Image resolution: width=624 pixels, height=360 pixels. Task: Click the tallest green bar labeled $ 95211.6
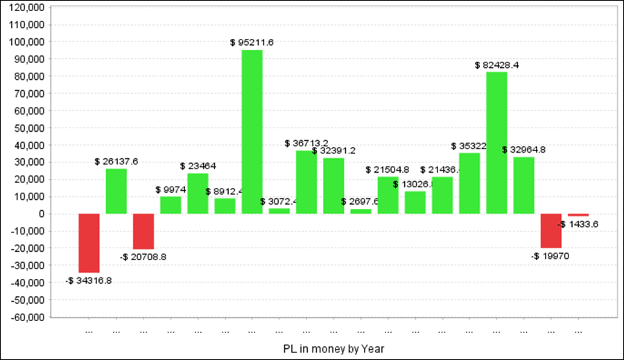(x=252, y=132)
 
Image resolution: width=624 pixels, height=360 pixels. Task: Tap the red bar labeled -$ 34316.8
(x=89, y=243)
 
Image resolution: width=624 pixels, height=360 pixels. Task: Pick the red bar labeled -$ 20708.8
(x=144, y=231)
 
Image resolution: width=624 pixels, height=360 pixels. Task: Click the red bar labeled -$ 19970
(x=551, y=230)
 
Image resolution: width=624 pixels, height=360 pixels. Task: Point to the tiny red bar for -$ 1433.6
(x=578, y=215)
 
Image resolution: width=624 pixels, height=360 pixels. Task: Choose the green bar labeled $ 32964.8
(x=523, y=185)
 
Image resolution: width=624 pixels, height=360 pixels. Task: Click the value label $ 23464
(x=198, y=166)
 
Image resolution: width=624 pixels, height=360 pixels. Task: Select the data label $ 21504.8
(x=387, y=170)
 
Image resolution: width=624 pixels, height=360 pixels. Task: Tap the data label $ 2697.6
(x=360, y=202)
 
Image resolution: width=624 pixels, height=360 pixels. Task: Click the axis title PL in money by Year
(x=333, y=348)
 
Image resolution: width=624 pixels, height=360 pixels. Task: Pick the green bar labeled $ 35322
(x=469, y=183)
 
